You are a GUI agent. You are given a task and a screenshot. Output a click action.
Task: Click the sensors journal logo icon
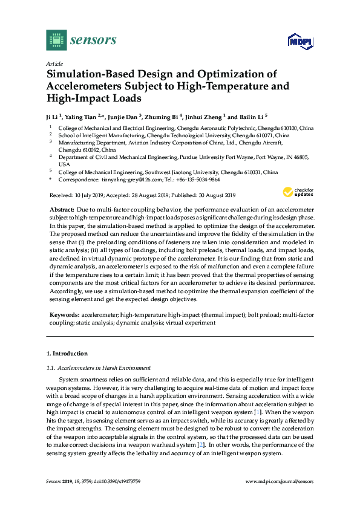tap(56, 40)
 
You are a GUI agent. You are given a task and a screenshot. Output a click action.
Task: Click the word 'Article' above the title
tap(54, 63)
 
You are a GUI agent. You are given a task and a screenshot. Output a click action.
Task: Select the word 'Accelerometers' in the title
tap(86, 86)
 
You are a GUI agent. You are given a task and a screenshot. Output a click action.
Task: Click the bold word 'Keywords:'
tap(64, 316)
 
